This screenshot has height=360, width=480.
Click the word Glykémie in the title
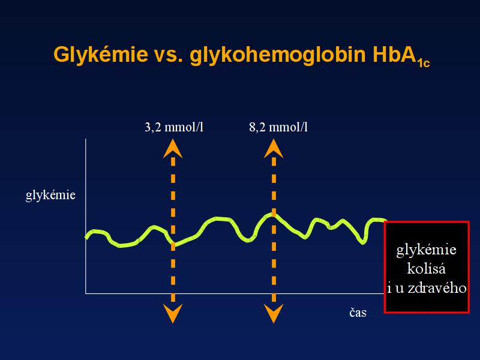[100, 55]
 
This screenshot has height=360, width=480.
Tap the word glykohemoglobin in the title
[278, 55]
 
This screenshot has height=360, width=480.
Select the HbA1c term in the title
[401, 56]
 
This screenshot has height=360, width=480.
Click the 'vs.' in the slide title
[169, 55]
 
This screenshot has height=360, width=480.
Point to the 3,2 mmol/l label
[174, 127]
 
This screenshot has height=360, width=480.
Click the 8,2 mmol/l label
[278, 127]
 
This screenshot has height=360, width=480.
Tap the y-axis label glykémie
[50, 196]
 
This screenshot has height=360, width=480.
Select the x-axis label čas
[358, 313]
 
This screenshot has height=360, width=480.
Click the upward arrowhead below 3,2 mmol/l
[173, 148]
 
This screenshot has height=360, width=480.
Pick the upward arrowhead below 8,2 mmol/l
[274, 148]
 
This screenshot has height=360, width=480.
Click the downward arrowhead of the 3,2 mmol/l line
[173, 314]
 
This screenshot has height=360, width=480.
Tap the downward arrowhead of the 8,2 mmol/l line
[274, 314]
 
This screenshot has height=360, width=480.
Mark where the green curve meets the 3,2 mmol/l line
[173, 244]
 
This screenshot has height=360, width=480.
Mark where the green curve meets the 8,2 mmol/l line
[274, 214]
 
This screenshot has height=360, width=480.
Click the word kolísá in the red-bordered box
[426, 268]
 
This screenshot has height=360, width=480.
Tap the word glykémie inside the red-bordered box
[426, 250]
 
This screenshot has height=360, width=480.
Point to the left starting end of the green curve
[86, 237]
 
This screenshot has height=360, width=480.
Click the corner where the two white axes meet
[86, 293]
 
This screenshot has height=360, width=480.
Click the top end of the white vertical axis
[86, 139]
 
